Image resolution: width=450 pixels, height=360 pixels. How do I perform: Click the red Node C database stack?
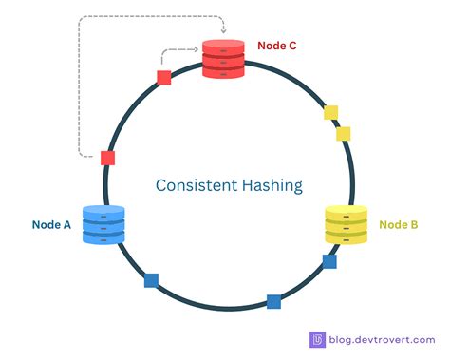coord(224,59)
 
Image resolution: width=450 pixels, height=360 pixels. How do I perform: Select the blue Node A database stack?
coord(103,224)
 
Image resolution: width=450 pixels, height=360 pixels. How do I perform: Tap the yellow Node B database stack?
coord(346,224)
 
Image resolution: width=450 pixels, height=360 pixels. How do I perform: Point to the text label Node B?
coord(398,224)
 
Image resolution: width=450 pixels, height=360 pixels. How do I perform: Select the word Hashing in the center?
coord(268,185)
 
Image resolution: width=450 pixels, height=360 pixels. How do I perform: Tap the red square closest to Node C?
coord(164,78)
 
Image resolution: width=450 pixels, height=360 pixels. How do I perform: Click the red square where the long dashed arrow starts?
coord(108,158)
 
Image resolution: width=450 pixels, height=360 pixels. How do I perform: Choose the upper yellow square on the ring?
coord(331,113)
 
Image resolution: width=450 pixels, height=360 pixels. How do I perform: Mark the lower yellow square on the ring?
coord(344,134)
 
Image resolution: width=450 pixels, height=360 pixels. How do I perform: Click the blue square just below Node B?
coord(329,261)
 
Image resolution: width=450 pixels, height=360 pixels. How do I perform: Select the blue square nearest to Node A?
coord(151,280)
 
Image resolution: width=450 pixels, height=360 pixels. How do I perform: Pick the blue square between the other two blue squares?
coord(273,302)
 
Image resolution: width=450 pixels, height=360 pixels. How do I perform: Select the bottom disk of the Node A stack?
coord(103,237)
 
